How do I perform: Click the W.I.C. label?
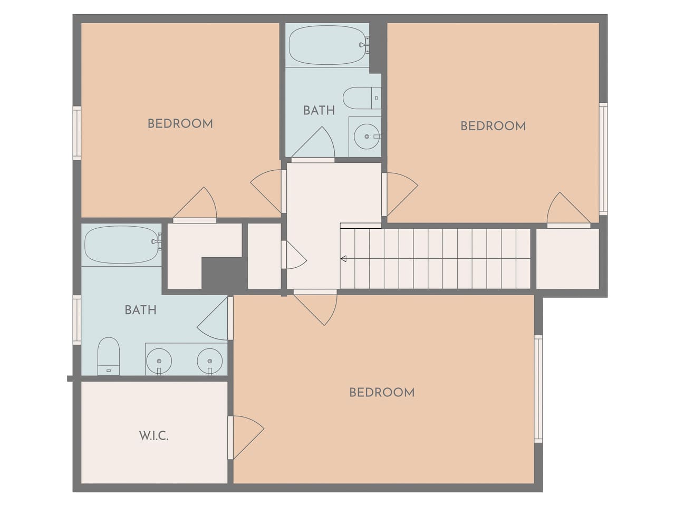[154, 436]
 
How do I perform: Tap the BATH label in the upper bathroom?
[319, 111]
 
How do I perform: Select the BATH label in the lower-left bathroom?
[140, 310]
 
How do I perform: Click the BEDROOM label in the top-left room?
[180, 124]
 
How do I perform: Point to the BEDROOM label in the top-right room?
[493, 126]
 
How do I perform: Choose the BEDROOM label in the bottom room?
[382, 393]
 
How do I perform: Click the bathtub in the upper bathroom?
[329, 45]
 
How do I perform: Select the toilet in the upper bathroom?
[362, 98]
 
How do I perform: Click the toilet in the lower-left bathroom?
[108, 356]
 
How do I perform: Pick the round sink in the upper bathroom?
[367, 137]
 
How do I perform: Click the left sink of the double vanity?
[159, 361]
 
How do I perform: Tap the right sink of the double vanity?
[210, 361]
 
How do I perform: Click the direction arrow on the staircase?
[343, 259]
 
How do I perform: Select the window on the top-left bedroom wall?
[77, 133]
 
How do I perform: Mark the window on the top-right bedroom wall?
[603, 159]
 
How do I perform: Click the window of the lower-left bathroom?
[77, 320]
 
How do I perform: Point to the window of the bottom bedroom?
[538, 389]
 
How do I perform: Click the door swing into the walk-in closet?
[246, 437]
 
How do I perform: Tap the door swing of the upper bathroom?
[313, 142]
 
